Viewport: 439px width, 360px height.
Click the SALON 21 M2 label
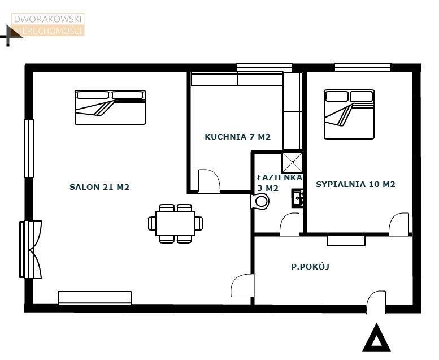99,187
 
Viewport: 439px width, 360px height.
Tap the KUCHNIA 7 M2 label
237,137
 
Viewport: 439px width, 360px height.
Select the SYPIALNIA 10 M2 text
355,184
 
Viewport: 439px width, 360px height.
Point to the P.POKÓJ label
310,266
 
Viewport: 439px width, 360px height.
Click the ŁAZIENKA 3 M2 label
280,183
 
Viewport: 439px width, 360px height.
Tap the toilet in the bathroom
259,201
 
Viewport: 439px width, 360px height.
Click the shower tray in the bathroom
293,162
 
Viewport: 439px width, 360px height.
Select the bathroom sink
298,198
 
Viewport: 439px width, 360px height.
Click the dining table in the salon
175,224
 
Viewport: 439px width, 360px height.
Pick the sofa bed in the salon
110,107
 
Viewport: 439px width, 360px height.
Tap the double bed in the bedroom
349,114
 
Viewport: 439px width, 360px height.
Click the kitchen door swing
209,181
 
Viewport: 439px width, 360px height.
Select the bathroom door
290,224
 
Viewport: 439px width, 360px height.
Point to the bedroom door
399,224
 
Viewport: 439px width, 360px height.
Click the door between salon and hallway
242,285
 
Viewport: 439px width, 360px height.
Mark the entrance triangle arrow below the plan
376,337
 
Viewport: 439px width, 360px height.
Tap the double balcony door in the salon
31,250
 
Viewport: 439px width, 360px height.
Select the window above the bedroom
363,67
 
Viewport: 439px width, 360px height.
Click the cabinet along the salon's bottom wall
95,297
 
